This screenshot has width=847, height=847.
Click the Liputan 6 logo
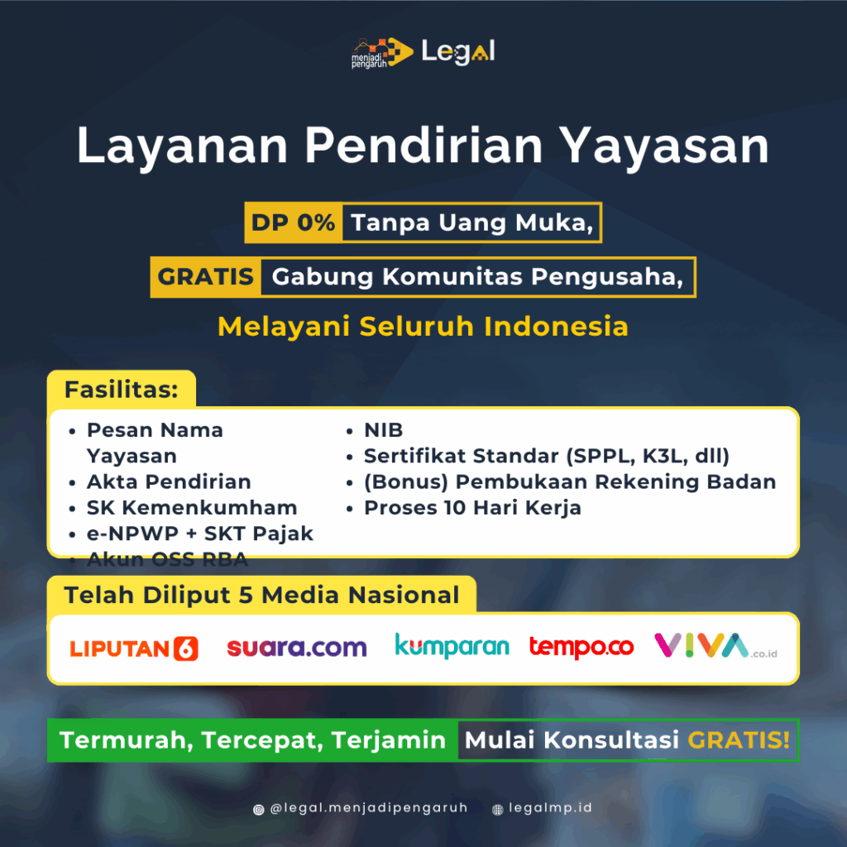134,648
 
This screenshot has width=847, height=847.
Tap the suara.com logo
296,647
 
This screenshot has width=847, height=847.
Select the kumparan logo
452,646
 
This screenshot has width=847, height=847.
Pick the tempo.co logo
581,646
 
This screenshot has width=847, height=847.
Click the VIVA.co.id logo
715,646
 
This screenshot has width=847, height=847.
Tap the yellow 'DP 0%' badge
294,223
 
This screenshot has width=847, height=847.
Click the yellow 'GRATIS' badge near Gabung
205,276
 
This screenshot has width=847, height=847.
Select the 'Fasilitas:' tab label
122,389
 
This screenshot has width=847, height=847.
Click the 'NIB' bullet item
383,430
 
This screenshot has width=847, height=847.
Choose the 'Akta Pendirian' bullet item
169,481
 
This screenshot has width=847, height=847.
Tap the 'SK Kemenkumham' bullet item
192,507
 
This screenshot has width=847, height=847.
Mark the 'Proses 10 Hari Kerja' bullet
472,507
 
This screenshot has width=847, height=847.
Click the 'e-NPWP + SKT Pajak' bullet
200,534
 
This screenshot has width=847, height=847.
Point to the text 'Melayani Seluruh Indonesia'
423,326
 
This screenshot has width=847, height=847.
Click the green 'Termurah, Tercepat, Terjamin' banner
253,739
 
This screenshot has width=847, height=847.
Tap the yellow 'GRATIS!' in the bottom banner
739,739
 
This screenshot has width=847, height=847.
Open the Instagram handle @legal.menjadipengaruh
368,808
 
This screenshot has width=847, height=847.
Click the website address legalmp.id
549,808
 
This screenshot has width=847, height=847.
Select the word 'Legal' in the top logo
457,52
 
